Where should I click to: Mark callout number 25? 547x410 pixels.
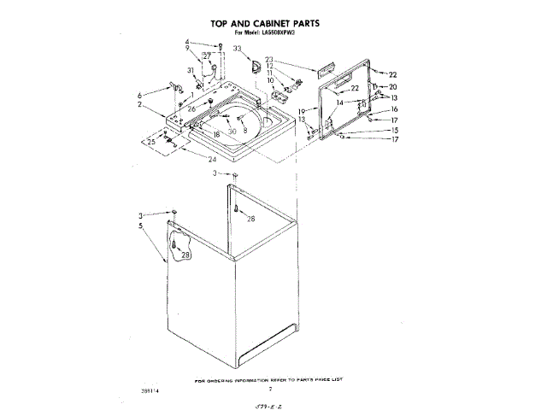point(152,142)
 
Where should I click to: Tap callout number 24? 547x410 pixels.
point(212,157)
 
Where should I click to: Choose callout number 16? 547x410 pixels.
point(395,110)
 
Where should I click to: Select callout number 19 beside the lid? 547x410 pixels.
point(302,112)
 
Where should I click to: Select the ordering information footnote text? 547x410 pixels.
point(273,378)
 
